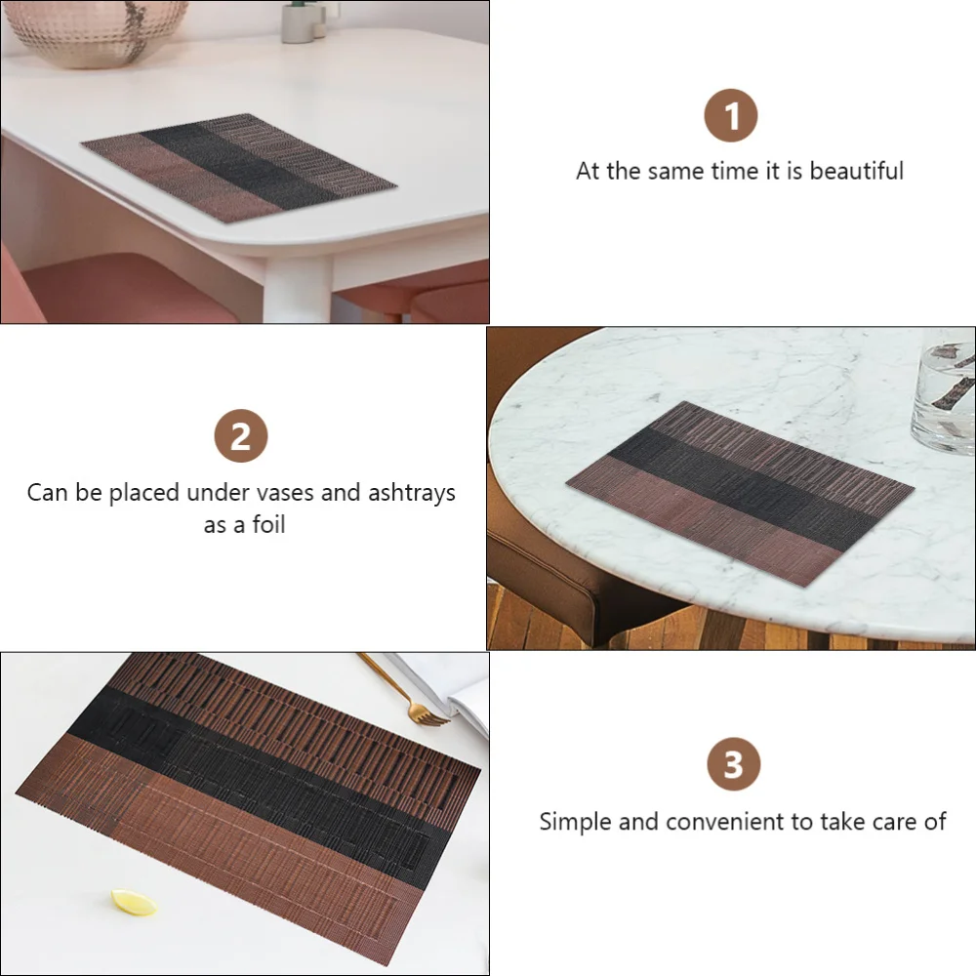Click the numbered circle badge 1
[731, 116]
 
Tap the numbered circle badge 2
[240, 436]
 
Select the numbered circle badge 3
[733, 764]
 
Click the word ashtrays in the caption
[411, 492]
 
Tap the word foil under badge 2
[266, 525]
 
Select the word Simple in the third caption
[576, 822]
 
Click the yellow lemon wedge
[133, 903]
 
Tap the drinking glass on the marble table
[943, 390]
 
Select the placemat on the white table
[238, 166]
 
